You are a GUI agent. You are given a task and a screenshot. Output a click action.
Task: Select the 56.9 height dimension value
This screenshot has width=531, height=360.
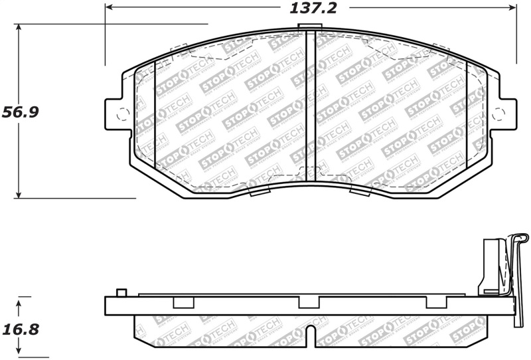pos(21,112)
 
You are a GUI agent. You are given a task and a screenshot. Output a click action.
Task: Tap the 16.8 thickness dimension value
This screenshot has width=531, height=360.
pos(21,329)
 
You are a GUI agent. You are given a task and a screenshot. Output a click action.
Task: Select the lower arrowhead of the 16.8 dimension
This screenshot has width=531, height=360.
pos(20,352)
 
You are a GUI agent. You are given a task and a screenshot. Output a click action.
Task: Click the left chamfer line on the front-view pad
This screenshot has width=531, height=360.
pos(154,116)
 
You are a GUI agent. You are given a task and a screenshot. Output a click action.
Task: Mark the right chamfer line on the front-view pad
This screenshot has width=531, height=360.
pos(467,116)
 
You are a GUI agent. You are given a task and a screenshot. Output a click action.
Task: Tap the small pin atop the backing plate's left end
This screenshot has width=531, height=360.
pos(121,293)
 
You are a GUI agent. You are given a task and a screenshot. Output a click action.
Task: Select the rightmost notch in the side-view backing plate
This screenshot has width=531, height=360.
pos(435,303)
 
